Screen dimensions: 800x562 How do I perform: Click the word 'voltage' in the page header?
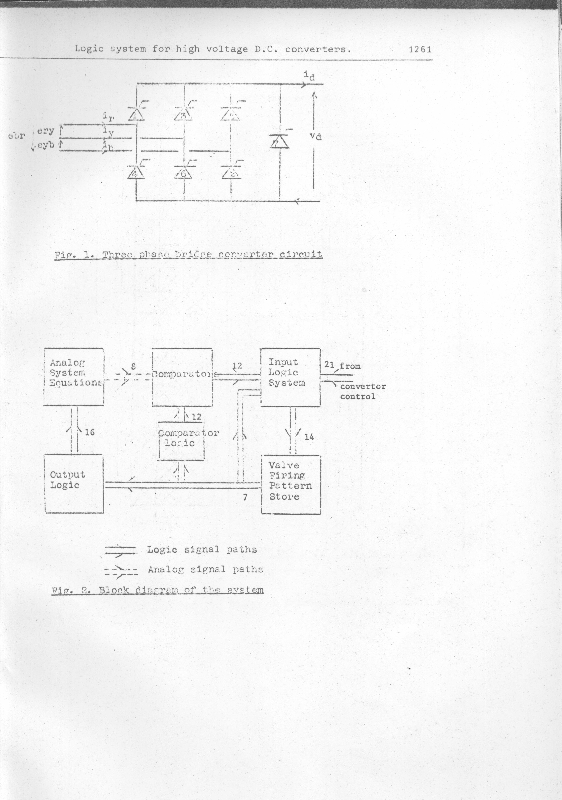(227, 49)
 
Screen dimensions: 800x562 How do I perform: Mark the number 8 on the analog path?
(133, 367)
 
